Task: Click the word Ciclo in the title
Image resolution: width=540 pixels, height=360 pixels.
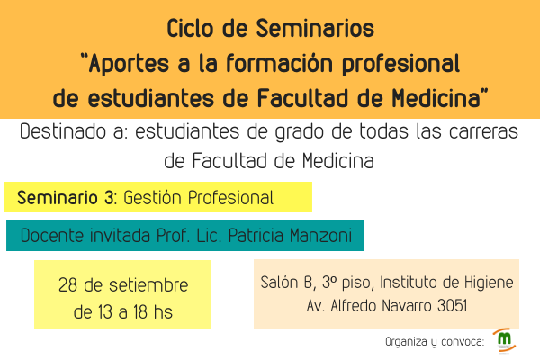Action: (190, 28)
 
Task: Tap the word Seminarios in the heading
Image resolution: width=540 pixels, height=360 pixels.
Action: (315, 28)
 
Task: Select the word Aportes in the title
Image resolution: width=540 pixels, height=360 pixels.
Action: (129, 64)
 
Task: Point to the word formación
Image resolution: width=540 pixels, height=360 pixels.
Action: (279, 63)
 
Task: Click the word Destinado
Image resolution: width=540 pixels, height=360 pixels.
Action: (63, 131)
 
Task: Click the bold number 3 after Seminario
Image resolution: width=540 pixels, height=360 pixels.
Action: (109, 198)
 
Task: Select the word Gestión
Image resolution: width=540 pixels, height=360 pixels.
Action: (152, 198)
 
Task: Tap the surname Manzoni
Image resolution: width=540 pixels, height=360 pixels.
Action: (320, 236)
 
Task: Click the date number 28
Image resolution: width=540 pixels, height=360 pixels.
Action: (67, 285)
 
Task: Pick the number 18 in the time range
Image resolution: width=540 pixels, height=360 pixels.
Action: (140, 312)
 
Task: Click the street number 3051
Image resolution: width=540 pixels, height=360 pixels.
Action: (452, 306)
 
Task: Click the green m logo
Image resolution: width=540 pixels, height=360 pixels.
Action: (505, 338)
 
